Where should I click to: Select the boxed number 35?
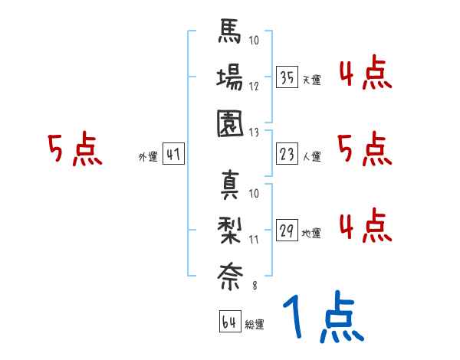coord(287,77)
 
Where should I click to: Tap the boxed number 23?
coord(287,154)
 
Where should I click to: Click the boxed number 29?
coord(287,230)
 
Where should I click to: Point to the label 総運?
coord(255,325)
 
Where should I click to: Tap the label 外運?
coord(147,156)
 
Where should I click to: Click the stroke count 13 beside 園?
coord(255,132)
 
